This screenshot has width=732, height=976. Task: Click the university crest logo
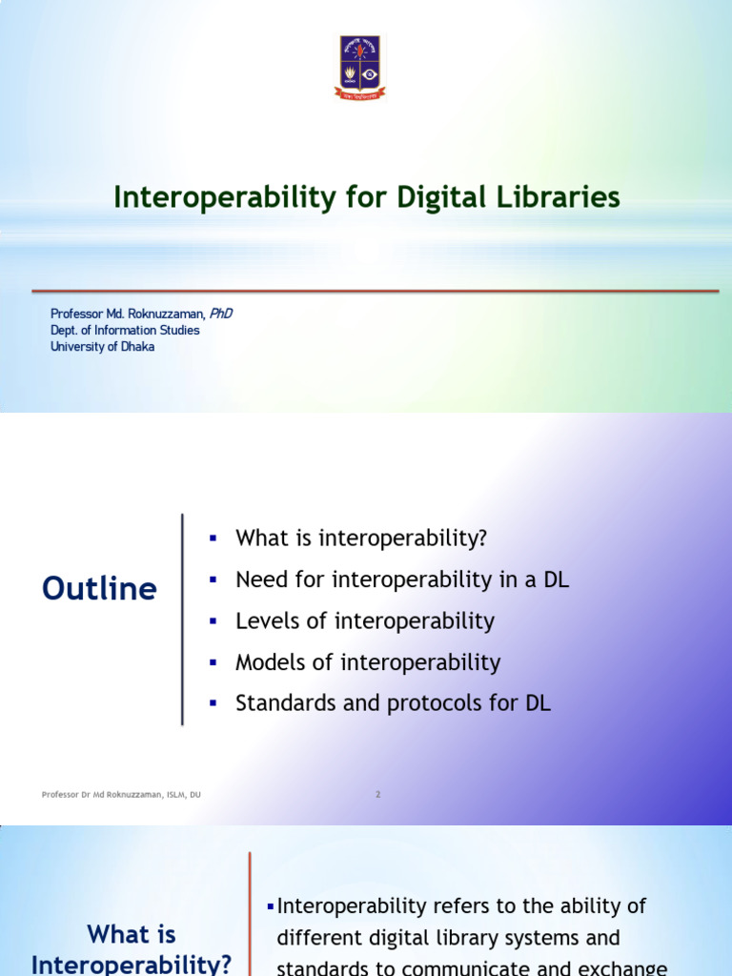[x=359, y=67]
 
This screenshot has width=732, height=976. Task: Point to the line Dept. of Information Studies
[x=125, y=330]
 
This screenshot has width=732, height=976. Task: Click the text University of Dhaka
[x=102, y=347]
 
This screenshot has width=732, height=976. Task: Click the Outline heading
[x=99, y=589]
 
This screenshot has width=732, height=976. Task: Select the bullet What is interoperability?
[x=361, y=538]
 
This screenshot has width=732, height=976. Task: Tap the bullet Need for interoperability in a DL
[x=402, y=579]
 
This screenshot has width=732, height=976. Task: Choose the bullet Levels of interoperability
[x=365, y=621]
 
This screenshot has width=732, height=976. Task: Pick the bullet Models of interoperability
[x=368, y=662]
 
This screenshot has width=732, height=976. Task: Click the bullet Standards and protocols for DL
[x=394, y=704]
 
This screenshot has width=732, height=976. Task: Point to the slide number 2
[x=378, y=794]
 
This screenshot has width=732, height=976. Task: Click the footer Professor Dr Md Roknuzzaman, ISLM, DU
[x=121, y=794]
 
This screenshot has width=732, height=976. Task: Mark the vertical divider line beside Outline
[x=182, y=620]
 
